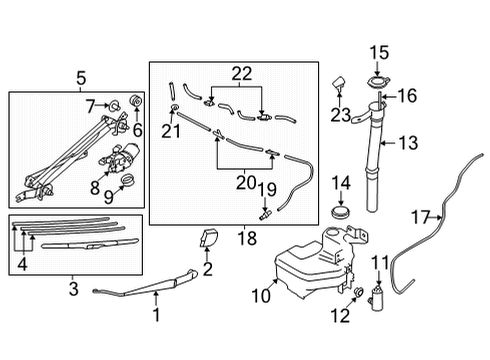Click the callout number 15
pyautogui.click(x=380, y=52)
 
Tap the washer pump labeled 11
pyautogui.click(x=378, y=297)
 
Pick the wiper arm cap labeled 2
pyautogui.click(x=210, y=241)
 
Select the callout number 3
pyautogui.click(x=73, y=290)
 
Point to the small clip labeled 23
pyautogui.click(x=338, y=81)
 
